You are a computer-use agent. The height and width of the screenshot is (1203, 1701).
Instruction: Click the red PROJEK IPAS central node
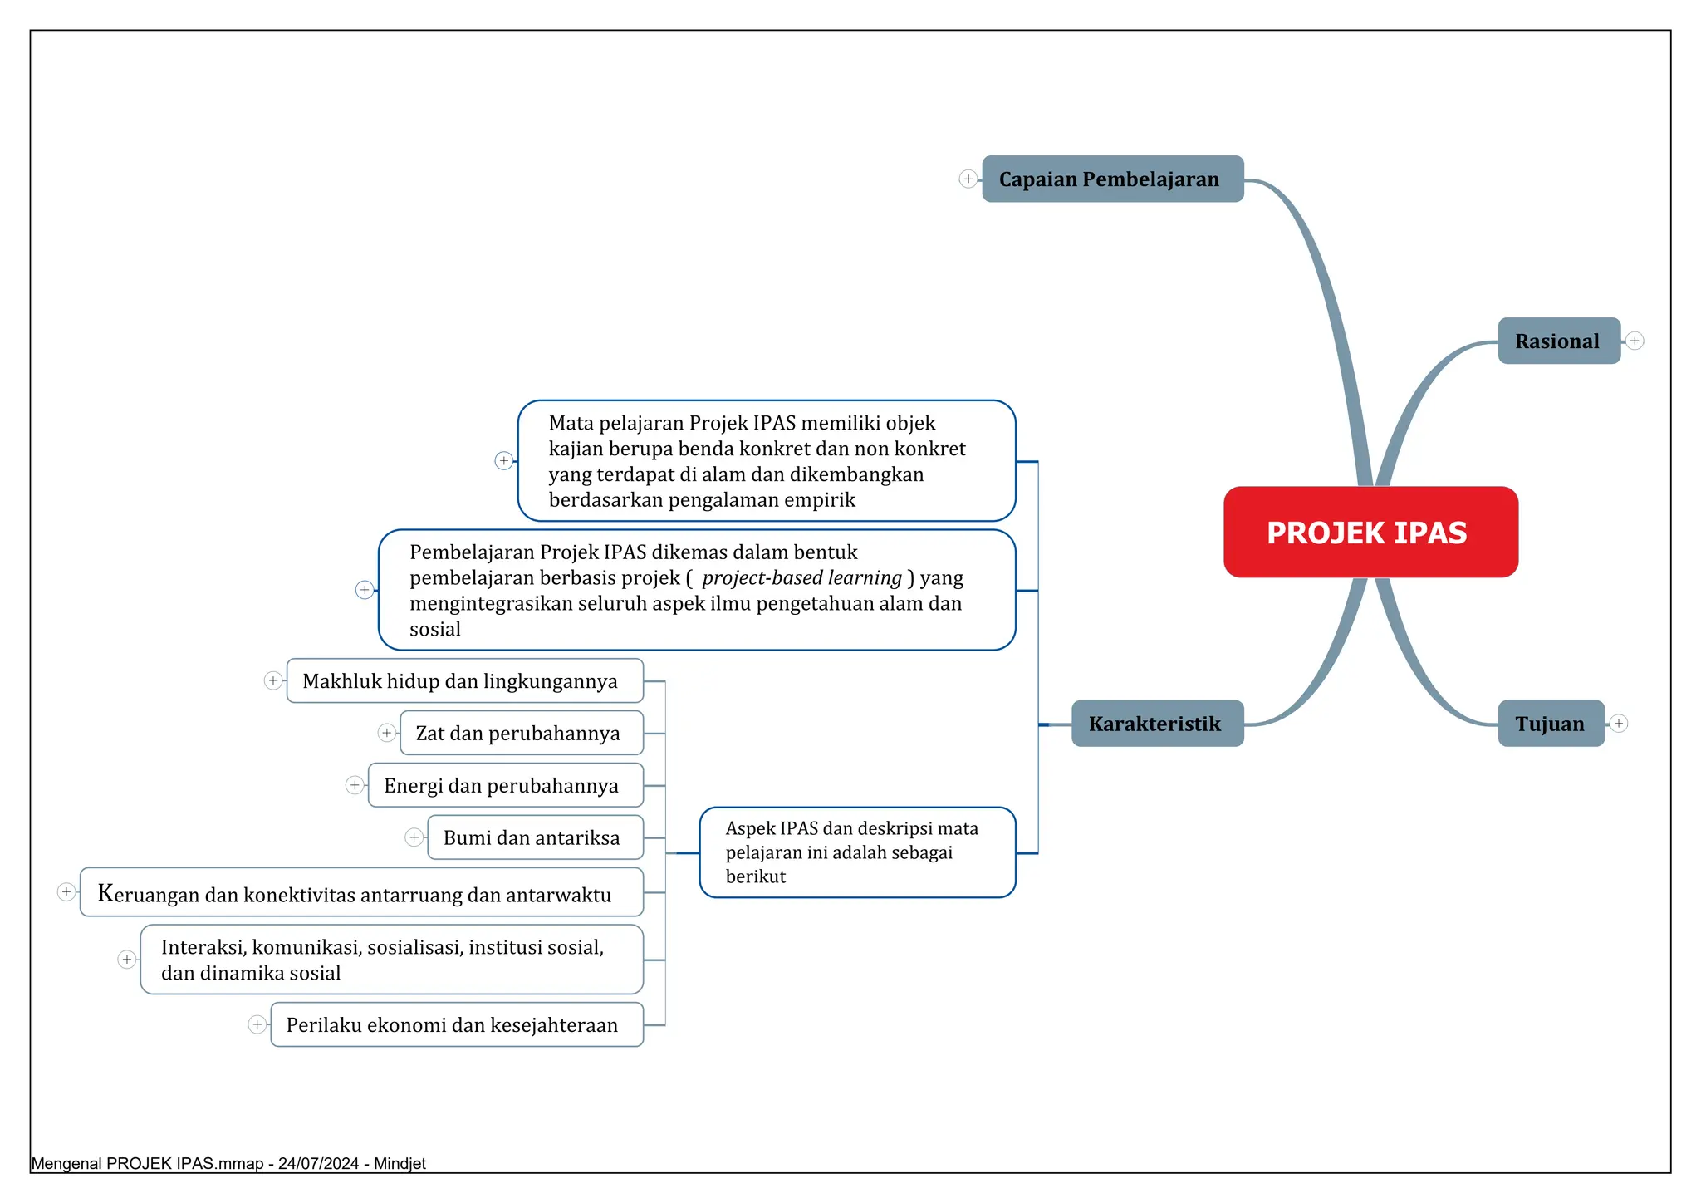1370,532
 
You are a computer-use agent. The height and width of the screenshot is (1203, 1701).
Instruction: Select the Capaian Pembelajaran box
1113,179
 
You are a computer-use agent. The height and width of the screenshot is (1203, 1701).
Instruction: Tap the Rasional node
1559,341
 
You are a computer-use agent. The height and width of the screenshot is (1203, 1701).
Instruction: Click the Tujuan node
1551,724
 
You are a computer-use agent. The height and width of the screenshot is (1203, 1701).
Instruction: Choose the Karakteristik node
1157,724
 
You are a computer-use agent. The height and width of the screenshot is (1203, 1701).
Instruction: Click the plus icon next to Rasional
1635,341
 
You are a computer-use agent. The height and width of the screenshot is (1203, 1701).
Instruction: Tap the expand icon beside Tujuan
1619,724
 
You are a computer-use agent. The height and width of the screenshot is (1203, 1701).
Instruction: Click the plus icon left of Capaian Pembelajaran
968,179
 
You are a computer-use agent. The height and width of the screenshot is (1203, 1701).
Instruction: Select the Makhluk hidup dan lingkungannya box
465,680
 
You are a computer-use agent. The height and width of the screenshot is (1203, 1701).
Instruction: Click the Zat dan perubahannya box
522,733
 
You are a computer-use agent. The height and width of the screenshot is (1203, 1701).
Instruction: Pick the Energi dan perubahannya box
506,785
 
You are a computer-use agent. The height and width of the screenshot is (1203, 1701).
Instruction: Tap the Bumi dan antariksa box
536,837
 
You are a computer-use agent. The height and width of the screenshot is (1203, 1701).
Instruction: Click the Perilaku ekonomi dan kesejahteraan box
457,1024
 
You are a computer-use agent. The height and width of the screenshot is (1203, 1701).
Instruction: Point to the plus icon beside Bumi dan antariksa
414,837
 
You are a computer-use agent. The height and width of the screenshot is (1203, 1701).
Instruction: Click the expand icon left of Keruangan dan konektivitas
66,892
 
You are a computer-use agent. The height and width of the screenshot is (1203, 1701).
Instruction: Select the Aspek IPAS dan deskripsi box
857,852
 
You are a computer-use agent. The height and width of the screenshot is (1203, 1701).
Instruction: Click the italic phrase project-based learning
802,578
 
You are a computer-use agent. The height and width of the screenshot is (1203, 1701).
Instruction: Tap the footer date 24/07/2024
318,1164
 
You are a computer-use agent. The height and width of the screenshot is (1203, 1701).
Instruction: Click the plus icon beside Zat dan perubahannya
386,733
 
